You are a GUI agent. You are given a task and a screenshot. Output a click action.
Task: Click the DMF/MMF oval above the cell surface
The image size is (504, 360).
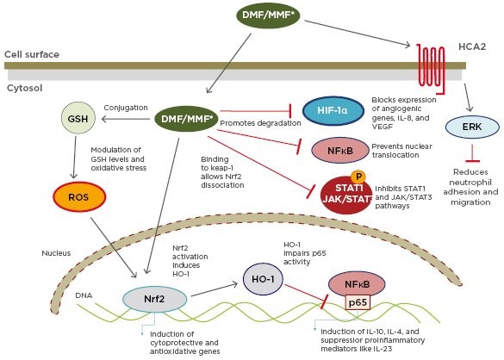pyautogui.click(x=268, y=15)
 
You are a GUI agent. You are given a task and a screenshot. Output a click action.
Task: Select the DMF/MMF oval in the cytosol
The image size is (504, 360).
pyautogui.click(x=186, y=119)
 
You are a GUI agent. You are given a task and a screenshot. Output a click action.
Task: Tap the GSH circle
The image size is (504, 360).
pyautogui.click(x=78, y=118)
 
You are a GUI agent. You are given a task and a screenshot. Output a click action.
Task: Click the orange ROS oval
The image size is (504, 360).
pyautogui.click(x=79, y=196)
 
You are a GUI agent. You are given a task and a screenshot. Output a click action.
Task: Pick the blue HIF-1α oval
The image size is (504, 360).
pyautogui.click(x=333, y=111)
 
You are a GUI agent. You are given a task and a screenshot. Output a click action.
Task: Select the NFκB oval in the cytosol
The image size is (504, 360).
pyautogui.click(x=340, y=150)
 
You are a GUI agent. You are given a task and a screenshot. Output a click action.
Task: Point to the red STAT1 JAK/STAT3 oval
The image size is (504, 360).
pyautogui.click(x=346, y=195)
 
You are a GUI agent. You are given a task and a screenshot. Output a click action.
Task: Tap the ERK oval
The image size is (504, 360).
pyautogui.click(x=472, y=127)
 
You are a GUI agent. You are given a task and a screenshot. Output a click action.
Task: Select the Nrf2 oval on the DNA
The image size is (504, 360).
pyautogui.click(x=154, y=299)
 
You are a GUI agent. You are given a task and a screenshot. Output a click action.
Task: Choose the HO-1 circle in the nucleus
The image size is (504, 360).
pyautogui.click(x=263, y=279)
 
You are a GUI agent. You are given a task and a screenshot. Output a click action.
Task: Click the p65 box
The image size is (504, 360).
pyautogui.click(x=358, y=302)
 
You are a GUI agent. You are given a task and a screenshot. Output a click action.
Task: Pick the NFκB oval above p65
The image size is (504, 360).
pyautogui.click(x=357, y=284)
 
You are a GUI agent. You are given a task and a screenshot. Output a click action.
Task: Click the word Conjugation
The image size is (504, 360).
pyautogui.click(x=126, y=108)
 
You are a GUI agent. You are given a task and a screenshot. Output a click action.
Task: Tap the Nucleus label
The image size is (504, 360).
pyautogui.click(x=56, y=253)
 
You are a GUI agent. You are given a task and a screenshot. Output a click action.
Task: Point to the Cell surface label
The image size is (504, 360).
pyautogui.click(x=32, y=54)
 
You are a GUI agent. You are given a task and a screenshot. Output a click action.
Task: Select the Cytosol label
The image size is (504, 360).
pyautogui.click(x=25, y=88)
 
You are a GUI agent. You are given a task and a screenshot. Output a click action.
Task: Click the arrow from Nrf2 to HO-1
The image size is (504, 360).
pyautogui.click(x=214, y=289)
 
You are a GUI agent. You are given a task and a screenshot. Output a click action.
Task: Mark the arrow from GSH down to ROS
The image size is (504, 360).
pyautogui.click(x=75, y=158)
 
